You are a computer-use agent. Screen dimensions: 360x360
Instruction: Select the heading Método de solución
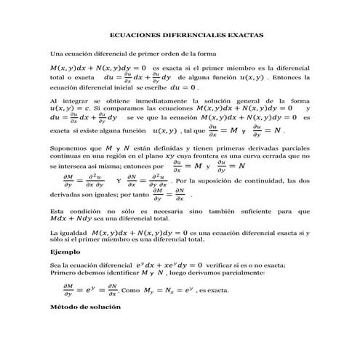point(80,307)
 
